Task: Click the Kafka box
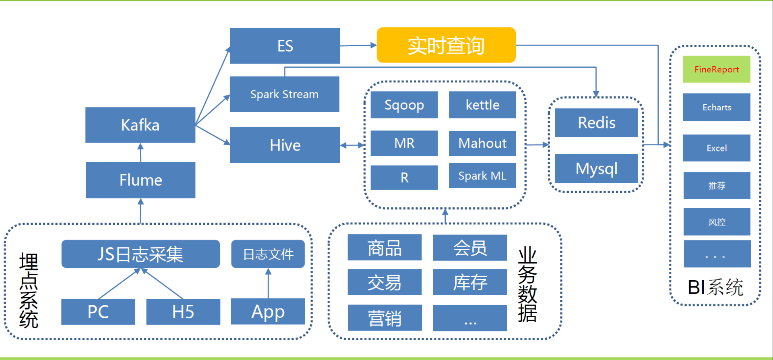click(x=141, y=125)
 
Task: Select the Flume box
click(x=141, y=180)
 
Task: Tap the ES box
click(x=285, y=46)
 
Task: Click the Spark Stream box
click(x=285, y=94)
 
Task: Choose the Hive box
click(x=285, y=145)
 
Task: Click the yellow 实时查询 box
click(x=446, y=45)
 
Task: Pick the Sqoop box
click(x=404, y=105)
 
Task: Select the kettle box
click(x=482, y=105)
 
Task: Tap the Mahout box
click(x=482, y=143)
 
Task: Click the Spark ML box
click(x=482, y=176)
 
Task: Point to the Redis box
click(x=596, y=122)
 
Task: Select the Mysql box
click(x=596, y=168)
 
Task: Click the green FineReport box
click(x=717, y=69)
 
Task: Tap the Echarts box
click(x=717, y=107)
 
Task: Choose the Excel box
click(x=717, y=148)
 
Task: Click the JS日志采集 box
click(x=141, y=254)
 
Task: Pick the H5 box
click(x=183, y=312)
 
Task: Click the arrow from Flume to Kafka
click(x=141, y=153)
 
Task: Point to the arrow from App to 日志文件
click(x=268, y=283)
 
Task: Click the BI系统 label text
click(x=715, y=287)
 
